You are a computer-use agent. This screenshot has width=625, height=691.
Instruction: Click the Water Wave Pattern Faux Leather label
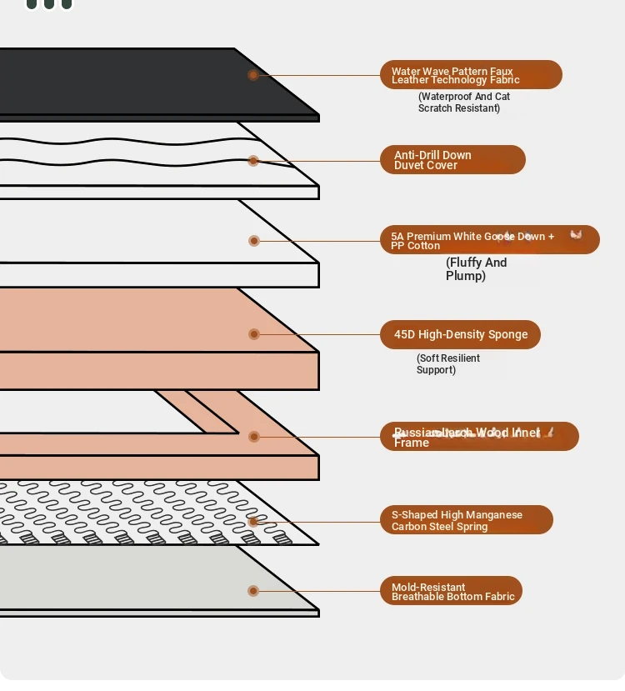[x=471, y=75]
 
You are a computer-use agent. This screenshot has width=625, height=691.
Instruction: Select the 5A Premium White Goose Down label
[x=489, y=240]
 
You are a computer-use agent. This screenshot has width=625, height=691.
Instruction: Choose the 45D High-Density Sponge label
[x=460, y=334]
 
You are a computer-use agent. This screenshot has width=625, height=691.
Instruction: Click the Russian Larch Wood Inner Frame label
[x=479, y=437]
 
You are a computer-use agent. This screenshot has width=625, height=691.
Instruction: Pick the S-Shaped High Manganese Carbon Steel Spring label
[x=466, y=520]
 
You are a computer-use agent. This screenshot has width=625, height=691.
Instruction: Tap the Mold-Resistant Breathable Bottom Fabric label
[x=451, y=591]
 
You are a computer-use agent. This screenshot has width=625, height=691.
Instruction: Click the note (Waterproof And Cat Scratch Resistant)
[x=463, y=102]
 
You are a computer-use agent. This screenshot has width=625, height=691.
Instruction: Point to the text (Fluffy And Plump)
[x=476, y=268]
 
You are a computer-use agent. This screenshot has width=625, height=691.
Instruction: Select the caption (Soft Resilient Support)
[x=448, y=363]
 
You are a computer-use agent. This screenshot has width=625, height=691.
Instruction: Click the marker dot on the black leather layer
[x=253, y=75]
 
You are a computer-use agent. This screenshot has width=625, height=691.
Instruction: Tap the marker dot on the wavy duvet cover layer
[x=253, y=160]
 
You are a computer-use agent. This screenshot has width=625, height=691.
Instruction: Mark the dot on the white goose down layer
[x=254, y=241]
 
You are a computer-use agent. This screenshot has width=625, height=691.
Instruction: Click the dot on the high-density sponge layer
[x=254, y=334]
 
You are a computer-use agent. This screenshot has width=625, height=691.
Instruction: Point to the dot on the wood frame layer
[x=254, y=437]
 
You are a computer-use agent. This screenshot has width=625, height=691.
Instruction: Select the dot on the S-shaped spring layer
[x=253, y=522]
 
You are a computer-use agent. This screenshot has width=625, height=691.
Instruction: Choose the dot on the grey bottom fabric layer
[x=253, y=591]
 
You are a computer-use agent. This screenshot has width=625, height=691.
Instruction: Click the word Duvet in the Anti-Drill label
[x=409, y=165]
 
